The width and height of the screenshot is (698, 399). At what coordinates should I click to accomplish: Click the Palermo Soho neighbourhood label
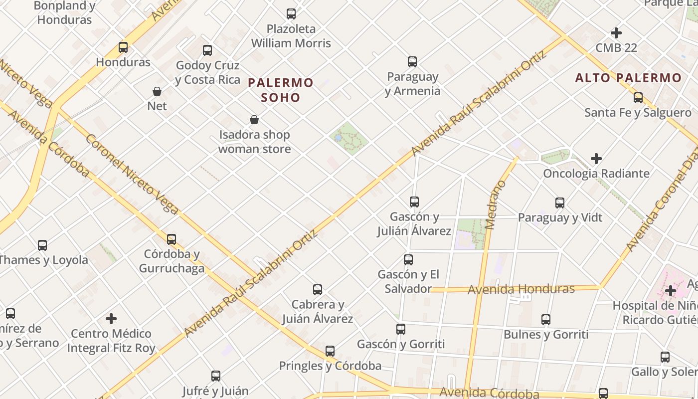coord(281,90)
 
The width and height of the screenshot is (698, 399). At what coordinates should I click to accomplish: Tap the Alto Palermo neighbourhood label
coord(628,78)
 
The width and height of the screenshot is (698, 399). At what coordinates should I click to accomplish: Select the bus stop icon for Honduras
coord(123,47)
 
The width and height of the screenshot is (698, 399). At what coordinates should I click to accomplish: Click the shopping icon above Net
coord(157,91)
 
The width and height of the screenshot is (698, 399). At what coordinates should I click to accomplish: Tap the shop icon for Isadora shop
coord(254,120)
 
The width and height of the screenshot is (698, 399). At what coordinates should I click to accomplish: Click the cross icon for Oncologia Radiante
coord(596,159)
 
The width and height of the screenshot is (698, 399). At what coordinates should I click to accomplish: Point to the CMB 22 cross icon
coord(616,33)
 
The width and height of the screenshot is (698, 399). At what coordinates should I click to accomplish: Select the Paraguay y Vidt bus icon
coord(560,203)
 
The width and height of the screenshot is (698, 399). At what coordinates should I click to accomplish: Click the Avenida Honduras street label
coord(521,289)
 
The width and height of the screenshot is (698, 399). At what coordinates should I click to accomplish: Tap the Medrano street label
coord(495,205)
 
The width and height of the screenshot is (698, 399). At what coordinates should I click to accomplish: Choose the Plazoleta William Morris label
coord(291,36)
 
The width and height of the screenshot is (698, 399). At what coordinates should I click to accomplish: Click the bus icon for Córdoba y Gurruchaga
coord(172,239)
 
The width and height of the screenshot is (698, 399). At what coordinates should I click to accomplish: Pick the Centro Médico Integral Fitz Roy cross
coord(111,318)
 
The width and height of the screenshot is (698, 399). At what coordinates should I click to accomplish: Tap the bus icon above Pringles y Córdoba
coord(330,351)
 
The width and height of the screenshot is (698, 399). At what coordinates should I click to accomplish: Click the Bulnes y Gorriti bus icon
coord(546,320)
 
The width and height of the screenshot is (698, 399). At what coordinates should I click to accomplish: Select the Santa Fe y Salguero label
coord(638,113)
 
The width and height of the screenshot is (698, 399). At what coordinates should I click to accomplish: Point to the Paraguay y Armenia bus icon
coord(412,62)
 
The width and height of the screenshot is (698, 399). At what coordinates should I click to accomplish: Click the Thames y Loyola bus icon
coord(42,245)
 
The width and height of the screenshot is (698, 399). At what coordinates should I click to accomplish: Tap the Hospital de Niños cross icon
coord(671,290)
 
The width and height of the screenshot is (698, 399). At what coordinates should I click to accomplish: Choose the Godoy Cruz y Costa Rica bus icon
coord(207,50)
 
